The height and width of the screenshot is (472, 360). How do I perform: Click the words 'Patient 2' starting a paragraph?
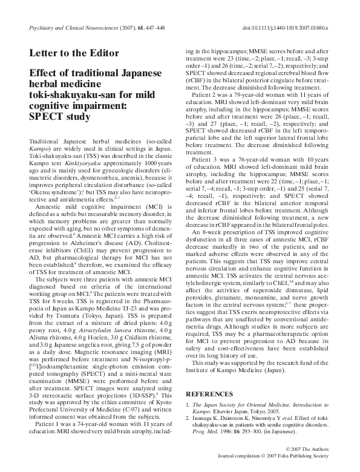(x=206, y=96)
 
